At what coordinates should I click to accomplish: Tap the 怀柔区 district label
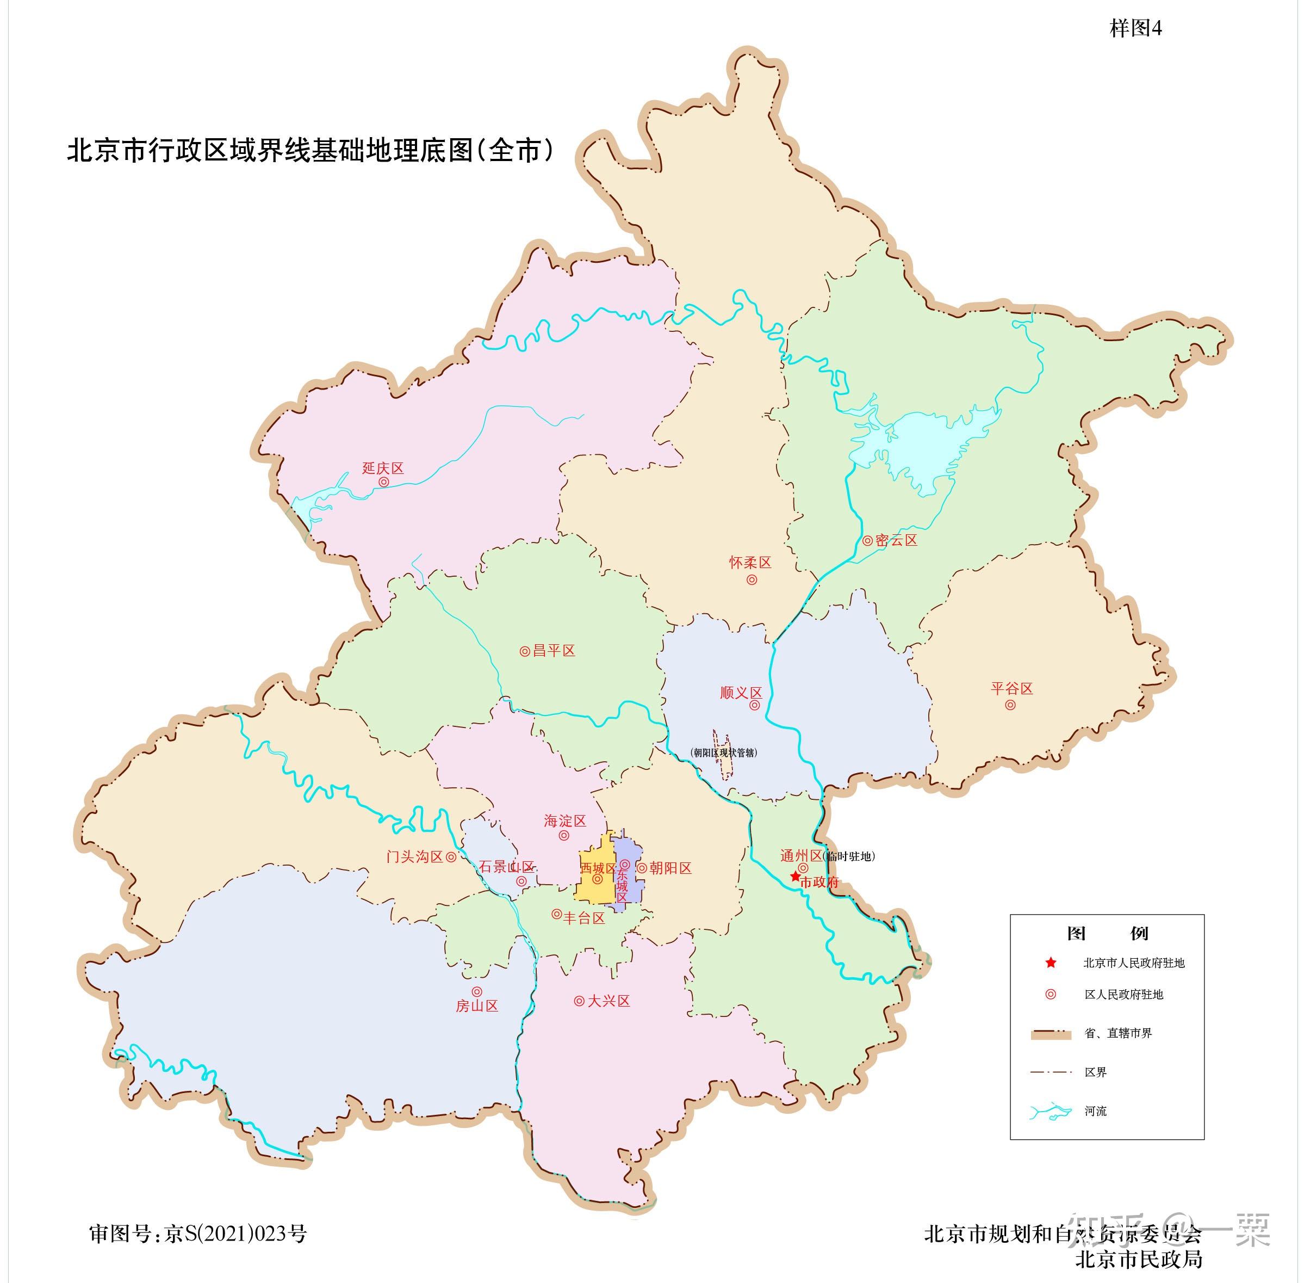(x=750, y=562)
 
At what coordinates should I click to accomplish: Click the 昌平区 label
(x=554, y=651)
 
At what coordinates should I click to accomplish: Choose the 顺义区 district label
(x=740, y=693)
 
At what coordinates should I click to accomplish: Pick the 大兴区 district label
(x=608, y=1001)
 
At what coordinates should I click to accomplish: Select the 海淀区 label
(x=564, y=821)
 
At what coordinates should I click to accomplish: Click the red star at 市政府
(x=795, y=877)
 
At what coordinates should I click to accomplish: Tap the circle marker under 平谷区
(x=1010, y=705)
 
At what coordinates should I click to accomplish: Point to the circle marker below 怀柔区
(x=752, y=579)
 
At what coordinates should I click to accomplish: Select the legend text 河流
(x=1095, y=1111)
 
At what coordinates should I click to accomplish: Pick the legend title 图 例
(x=1107, y=933)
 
